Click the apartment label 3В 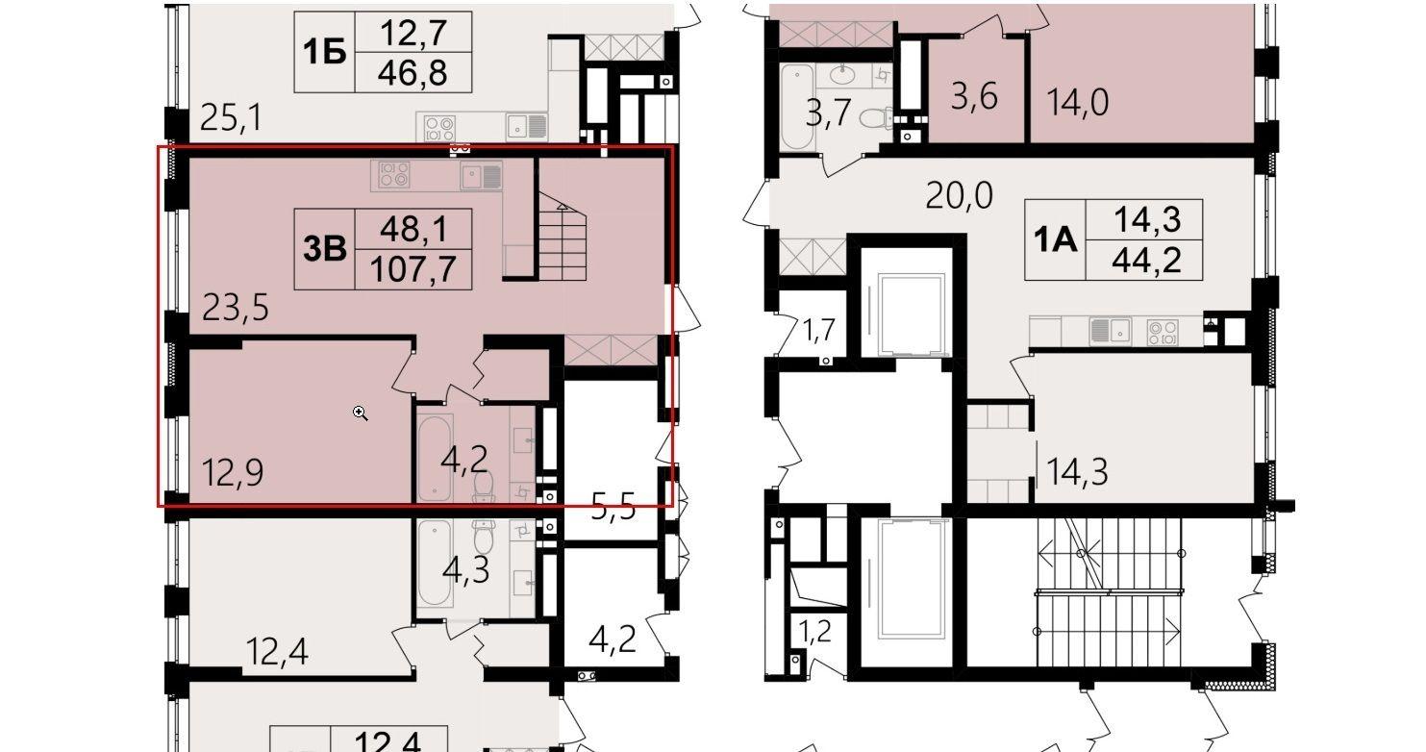click(325, 249)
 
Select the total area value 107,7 click(413, 269)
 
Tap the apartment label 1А click(1055, 240)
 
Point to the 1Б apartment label click(325, 52)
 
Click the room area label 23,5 click(235, 308)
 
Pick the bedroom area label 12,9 click(233, 473)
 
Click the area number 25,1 click(231, 117)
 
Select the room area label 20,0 click(959, 195)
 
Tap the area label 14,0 click(1078, 102)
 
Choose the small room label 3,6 click(974, 97)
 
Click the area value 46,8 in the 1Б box click(413, 73)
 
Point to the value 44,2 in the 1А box click(1146, 260)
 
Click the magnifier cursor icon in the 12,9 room click(361, 414)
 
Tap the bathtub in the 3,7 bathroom click(796, 107)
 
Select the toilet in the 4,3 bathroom click(485, 535)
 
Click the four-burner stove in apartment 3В click(393, 175)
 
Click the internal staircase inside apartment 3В click(563, 237)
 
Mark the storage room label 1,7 click(818, 331)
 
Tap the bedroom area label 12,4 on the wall click(277, 652)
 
